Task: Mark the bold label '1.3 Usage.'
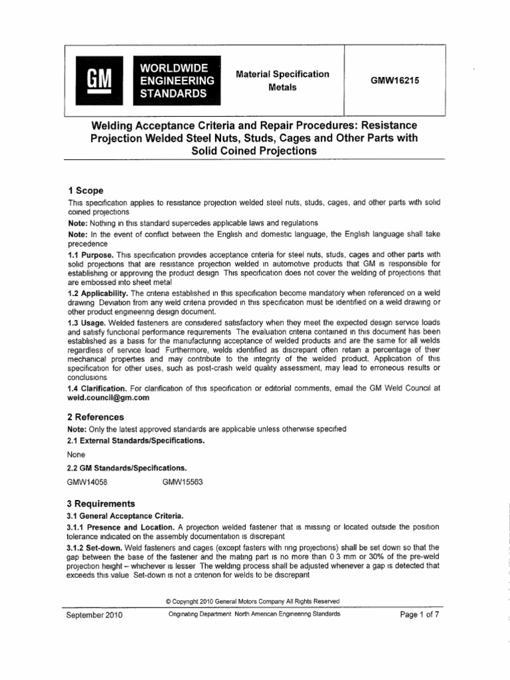coord(88,319)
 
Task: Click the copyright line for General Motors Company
coord(255,600)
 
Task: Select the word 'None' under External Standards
coord(77,456)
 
